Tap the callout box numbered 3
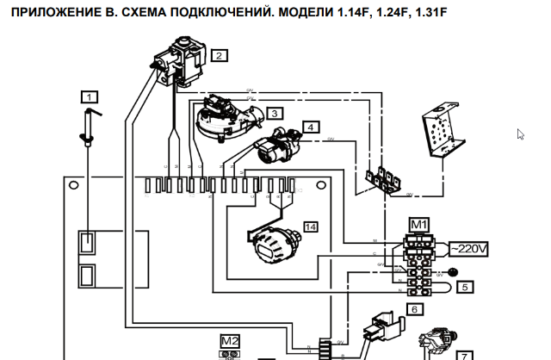274,113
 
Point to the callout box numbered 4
310,126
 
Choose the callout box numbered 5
465,287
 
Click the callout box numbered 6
413,307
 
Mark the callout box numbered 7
463,353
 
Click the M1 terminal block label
418,225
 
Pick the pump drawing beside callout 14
271,244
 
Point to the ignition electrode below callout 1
91,127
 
